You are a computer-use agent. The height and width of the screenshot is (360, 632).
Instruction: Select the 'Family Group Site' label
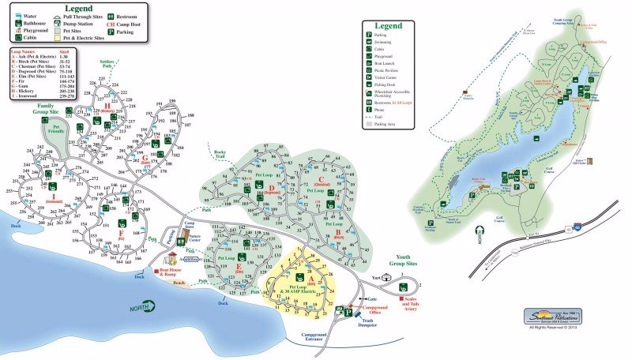coord(56,108)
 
